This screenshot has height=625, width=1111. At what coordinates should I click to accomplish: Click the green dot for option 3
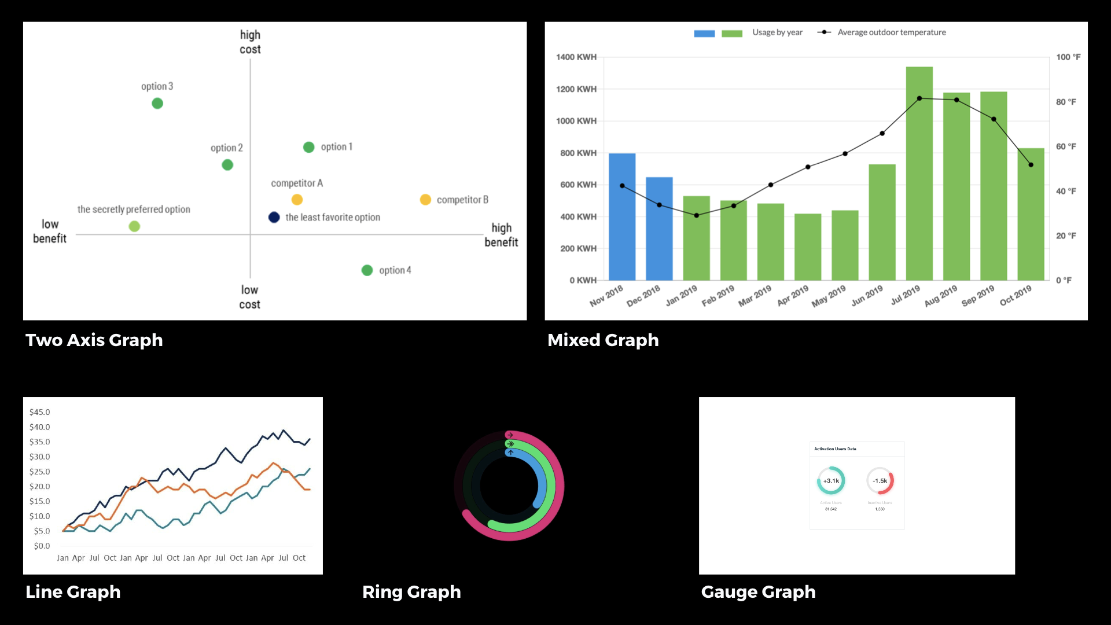[x=157, y=104]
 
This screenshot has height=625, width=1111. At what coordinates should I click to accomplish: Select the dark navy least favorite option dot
[x=274, y=218]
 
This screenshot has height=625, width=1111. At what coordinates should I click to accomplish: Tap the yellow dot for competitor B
[x=425, y=200]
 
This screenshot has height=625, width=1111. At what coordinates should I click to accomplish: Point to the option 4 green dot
[x=367, y=270]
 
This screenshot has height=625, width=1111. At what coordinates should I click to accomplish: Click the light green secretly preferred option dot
[x=134, y=226]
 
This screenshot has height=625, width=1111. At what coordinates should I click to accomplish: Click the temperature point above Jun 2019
[x=882, y=134]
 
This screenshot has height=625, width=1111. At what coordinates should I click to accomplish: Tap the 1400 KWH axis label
[x=576, y=57]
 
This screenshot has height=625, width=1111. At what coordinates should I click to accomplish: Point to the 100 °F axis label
[x=1068, y=57]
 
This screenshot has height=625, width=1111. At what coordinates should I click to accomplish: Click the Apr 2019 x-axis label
[x=793, y=296]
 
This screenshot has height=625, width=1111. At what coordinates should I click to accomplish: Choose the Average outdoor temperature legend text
[x=892, y=32]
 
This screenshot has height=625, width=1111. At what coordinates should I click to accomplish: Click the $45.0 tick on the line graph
[x=39, y=412]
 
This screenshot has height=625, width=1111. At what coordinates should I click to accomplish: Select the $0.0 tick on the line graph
[x=42, y=546]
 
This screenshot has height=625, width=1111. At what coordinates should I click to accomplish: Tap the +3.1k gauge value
[x=831, y=481]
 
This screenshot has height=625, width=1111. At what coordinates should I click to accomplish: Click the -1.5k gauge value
[x=880, y=481]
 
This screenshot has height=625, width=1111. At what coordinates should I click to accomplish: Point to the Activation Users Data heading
[x=835, y=449]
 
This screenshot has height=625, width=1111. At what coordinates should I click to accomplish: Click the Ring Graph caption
[x=411, y=592]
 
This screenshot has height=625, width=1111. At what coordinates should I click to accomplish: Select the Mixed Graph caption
[x=603, y=340]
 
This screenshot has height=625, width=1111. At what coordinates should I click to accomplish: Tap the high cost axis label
[x=250, y=42]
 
